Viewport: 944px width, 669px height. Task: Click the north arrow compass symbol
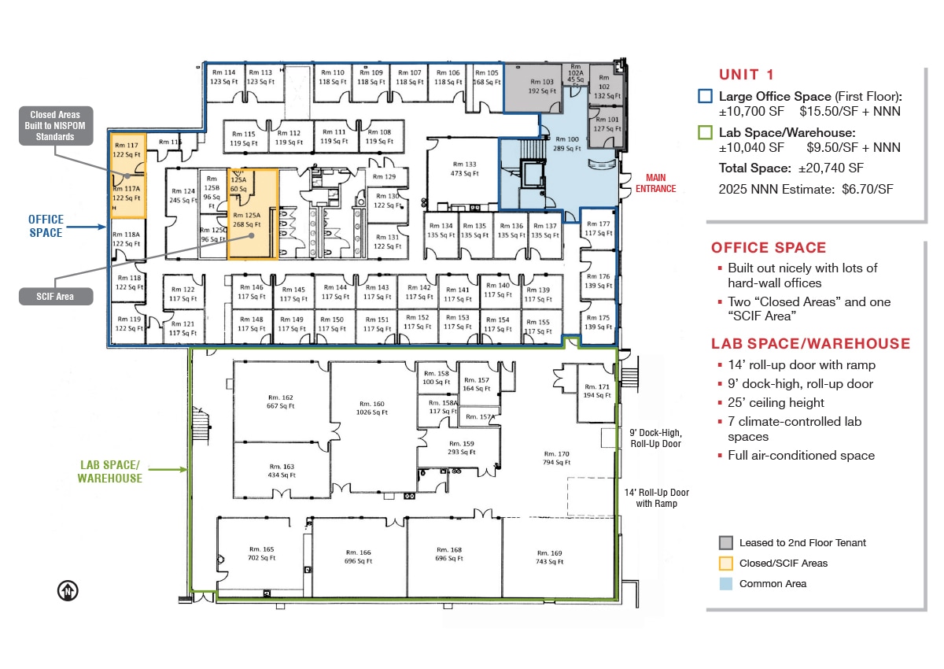68,591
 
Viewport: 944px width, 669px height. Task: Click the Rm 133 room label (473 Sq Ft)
463,169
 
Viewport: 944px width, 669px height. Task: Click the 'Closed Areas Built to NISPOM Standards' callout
56,126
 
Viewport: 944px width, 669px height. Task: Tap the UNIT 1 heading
747,75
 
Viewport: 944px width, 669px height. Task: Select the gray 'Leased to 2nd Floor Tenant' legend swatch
725,543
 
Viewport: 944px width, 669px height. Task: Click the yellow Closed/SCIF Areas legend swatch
725,564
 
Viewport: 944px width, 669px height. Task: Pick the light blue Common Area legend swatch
725,584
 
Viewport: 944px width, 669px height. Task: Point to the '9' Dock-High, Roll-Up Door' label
655,438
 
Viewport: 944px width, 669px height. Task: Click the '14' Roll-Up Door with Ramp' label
655,498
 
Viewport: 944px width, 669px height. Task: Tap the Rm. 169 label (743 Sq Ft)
550,557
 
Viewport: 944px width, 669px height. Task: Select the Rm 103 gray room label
541,86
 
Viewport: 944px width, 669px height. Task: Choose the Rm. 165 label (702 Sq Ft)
261,553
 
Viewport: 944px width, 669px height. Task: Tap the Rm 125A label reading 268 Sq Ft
245,220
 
